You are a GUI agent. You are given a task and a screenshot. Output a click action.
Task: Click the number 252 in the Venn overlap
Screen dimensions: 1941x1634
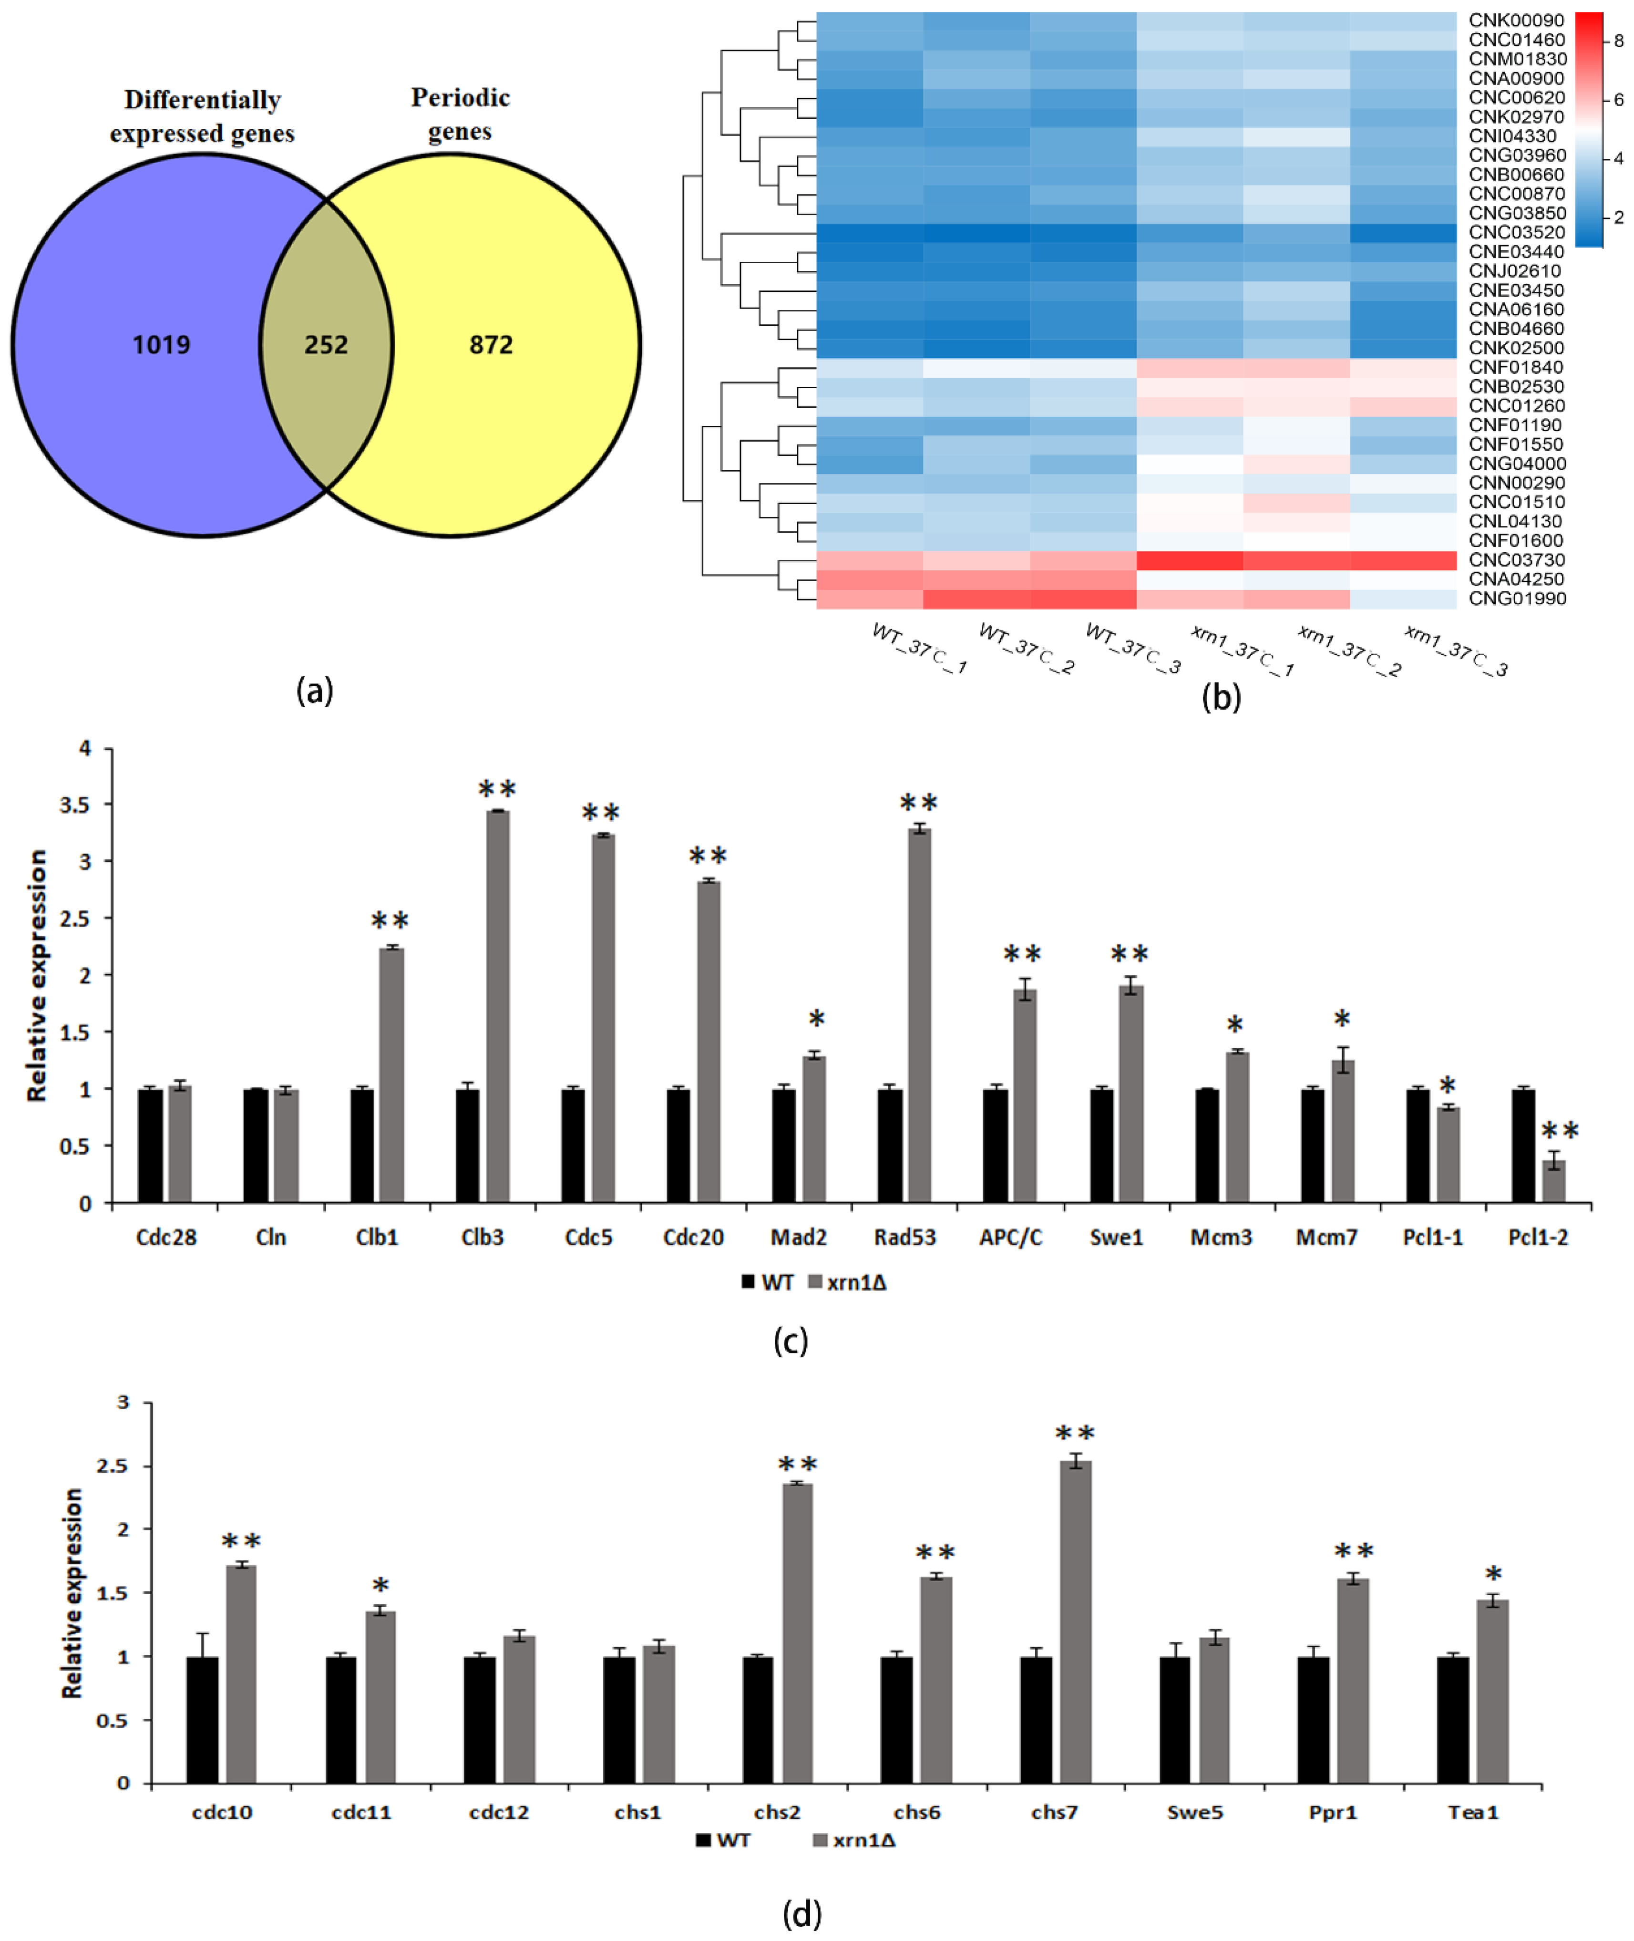tap(326, 345)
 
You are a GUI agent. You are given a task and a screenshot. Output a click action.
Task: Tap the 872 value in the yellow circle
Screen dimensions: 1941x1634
tap(491, 345)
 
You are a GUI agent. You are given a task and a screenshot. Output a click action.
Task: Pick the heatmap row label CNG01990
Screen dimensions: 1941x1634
tap(1516, 599)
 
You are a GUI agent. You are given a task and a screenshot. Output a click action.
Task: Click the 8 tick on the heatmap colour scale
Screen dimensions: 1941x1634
tap(1618, 41)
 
